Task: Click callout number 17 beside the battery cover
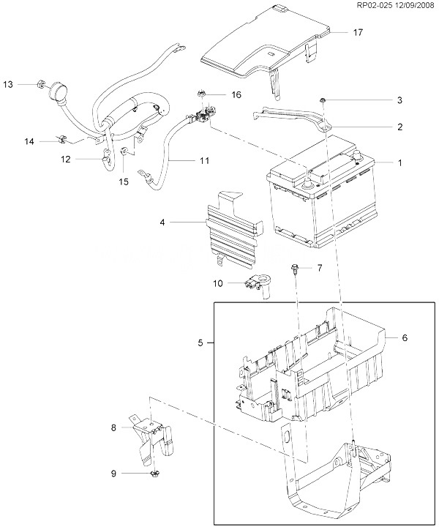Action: pyautogui.click(x=358, y=32)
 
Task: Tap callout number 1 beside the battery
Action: pyautogui.click(x=399, y=162)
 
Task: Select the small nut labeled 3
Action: pyautogui.click(x=322, y=100)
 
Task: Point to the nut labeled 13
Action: pyautogui.click(x=40, y=83)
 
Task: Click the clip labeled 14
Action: pyautogui.click(x=62, y=138)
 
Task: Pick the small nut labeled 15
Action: pyautogui.click(x=124, y=151)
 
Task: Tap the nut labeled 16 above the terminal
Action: pyautogui.click(x=201, y=93)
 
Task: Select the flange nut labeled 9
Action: pyautogui.click(x=155, y=474)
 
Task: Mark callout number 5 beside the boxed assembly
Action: pyautogui.click(x=200, y=343)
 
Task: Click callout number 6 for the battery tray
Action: pyautogui.click(x=405, y=337)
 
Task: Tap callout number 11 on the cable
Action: pyautogui.click(x=204, y=160)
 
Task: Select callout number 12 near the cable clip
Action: pyautogui.click(x=66, y=159)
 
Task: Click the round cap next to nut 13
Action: pyautogui.click(x=58, y=91)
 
